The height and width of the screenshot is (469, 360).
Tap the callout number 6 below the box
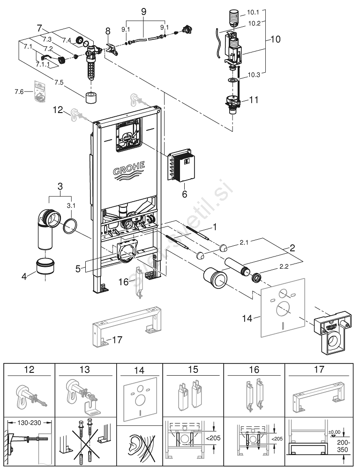pos(184,194)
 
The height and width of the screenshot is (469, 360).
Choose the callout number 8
pos(108,32)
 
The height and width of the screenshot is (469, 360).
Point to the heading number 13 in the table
pos(85,370)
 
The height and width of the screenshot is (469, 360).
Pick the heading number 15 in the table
pos(193,370)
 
